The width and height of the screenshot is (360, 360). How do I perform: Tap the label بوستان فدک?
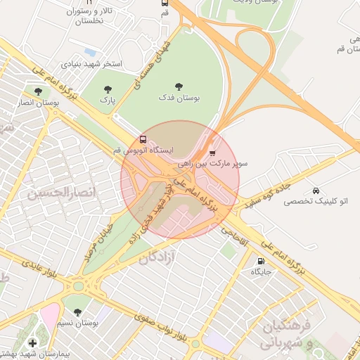pos(178,99)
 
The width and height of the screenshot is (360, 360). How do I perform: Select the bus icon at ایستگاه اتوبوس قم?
pos(143,139)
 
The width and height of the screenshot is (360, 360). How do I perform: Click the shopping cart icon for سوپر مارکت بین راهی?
pos(213,152)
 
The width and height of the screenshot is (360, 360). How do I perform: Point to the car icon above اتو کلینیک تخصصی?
pos(316,191)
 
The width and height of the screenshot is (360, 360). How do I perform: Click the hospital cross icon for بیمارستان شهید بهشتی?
pos(32,342)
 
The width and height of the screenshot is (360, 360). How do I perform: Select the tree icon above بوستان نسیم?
pos(77,311)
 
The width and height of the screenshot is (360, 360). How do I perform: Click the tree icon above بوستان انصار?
pos(38,91)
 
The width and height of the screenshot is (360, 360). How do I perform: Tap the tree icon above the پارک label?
pos(108,89)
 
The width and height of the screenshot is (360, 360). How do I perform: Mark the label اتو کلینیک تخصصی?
pos(309,201)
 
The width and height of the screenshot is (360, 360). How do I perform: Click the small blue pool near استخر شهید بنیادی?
pos(89,51)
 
